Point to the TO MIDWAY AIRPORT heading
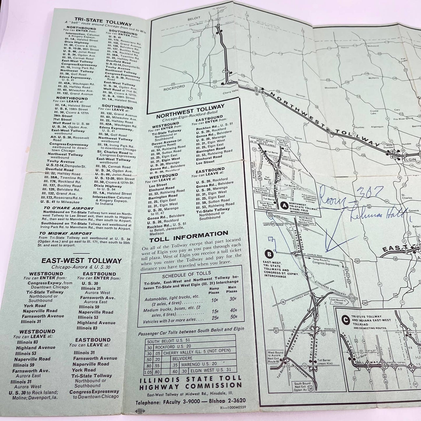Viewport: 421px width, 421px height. [67, 233]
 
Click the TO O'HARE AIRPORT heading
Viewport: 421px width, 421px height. [68, 208]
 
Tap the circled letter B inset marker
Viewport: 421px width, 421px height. [270, 254]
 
